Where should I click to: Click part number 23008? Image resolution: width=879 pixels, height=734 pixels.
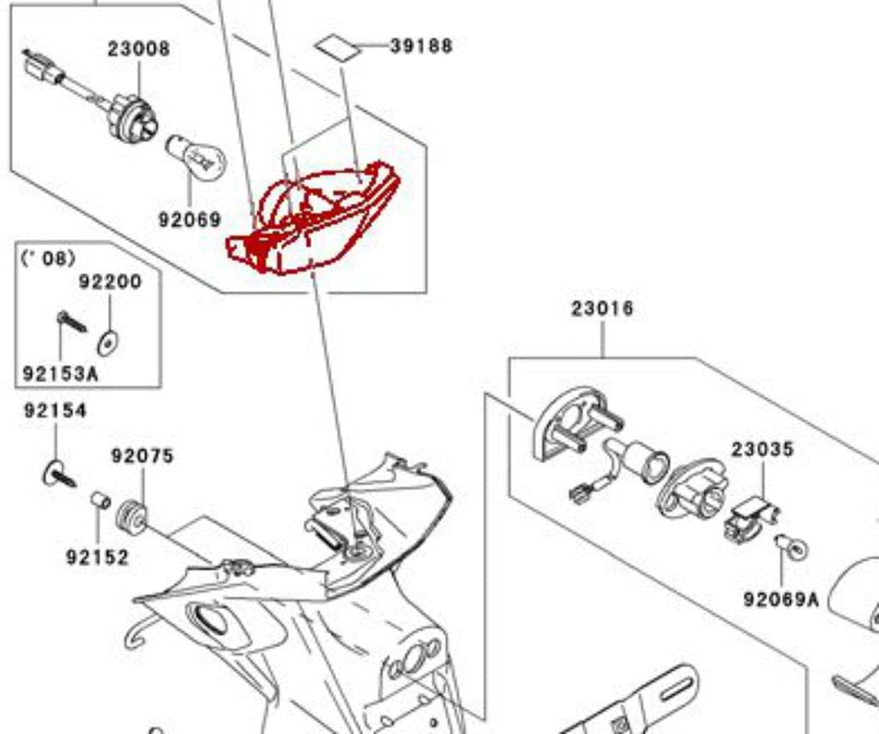click(x=138, y=49)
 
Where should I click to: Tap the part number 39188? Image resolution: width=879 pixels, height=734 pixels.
click(x=421, y=46)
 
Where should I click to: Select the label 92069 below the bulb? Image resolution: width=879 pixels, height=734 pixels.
click(x=189, y=219)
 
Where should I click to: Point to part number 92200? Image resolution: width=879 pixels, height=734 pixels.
click(x=109, y=282)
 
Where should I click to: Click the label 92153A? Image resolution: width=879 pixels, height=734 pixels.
click(x=60, y=373)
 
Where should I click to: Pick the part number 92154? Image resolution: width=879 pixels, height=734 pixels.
click(x=55, y=410)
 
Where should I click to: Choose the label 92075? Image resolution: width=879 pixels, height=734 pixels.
click(x=142, y=456)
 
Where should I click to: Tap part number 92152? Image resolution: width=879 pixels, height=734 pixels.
click(x=97, y=558)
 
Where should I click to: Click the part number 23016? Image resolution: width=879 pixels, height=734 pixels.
click(x=602, y=308)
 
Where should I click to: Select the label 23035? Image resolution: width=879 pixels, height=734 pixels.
click(x=762, y=449)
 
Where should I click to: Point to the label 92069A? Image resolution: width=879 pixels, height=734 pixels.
click(x=780, y=599)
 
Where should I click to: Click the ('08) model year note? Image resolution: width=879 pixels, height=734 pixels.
click(x=48, y=258)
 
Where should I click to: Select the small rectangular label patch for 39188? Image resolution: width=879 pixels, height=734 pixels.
click(x=335, y=48)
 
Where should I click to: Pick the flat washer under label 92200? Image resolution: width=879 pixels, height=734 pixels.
click(x=107, y=343)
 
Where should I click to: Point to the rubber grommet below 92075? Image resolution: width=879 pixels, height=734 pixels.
click(x=131, y=516)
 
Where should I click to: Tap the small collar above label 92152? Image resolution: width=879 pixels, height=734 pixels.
click(x=100, y=500)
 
